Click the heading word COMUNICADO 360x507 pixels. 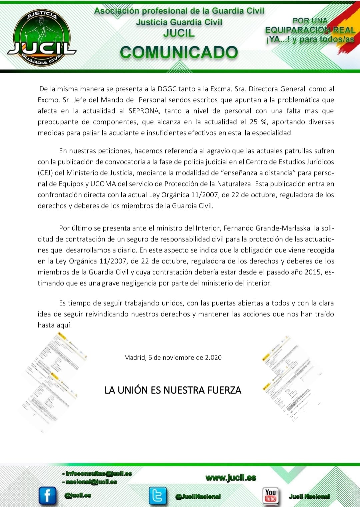[179, 53]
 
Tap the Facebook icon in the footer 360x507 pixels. [47, 495]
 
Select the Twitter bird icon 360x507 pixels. [157, 495]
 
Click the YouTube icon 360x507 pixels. [270, 495]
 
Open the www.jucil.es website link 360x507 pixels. [231, 478]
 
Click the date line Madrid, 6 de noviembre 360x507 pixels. [173, 357]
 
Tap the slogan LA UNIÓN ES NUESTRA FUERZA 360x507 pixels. [173, 390]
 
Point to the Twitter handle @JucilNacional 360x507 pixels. [198, 497]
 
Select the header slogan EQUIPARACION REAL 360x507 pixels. [310, 30]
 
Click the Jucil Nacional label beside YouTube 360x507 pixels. [309, 496]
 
